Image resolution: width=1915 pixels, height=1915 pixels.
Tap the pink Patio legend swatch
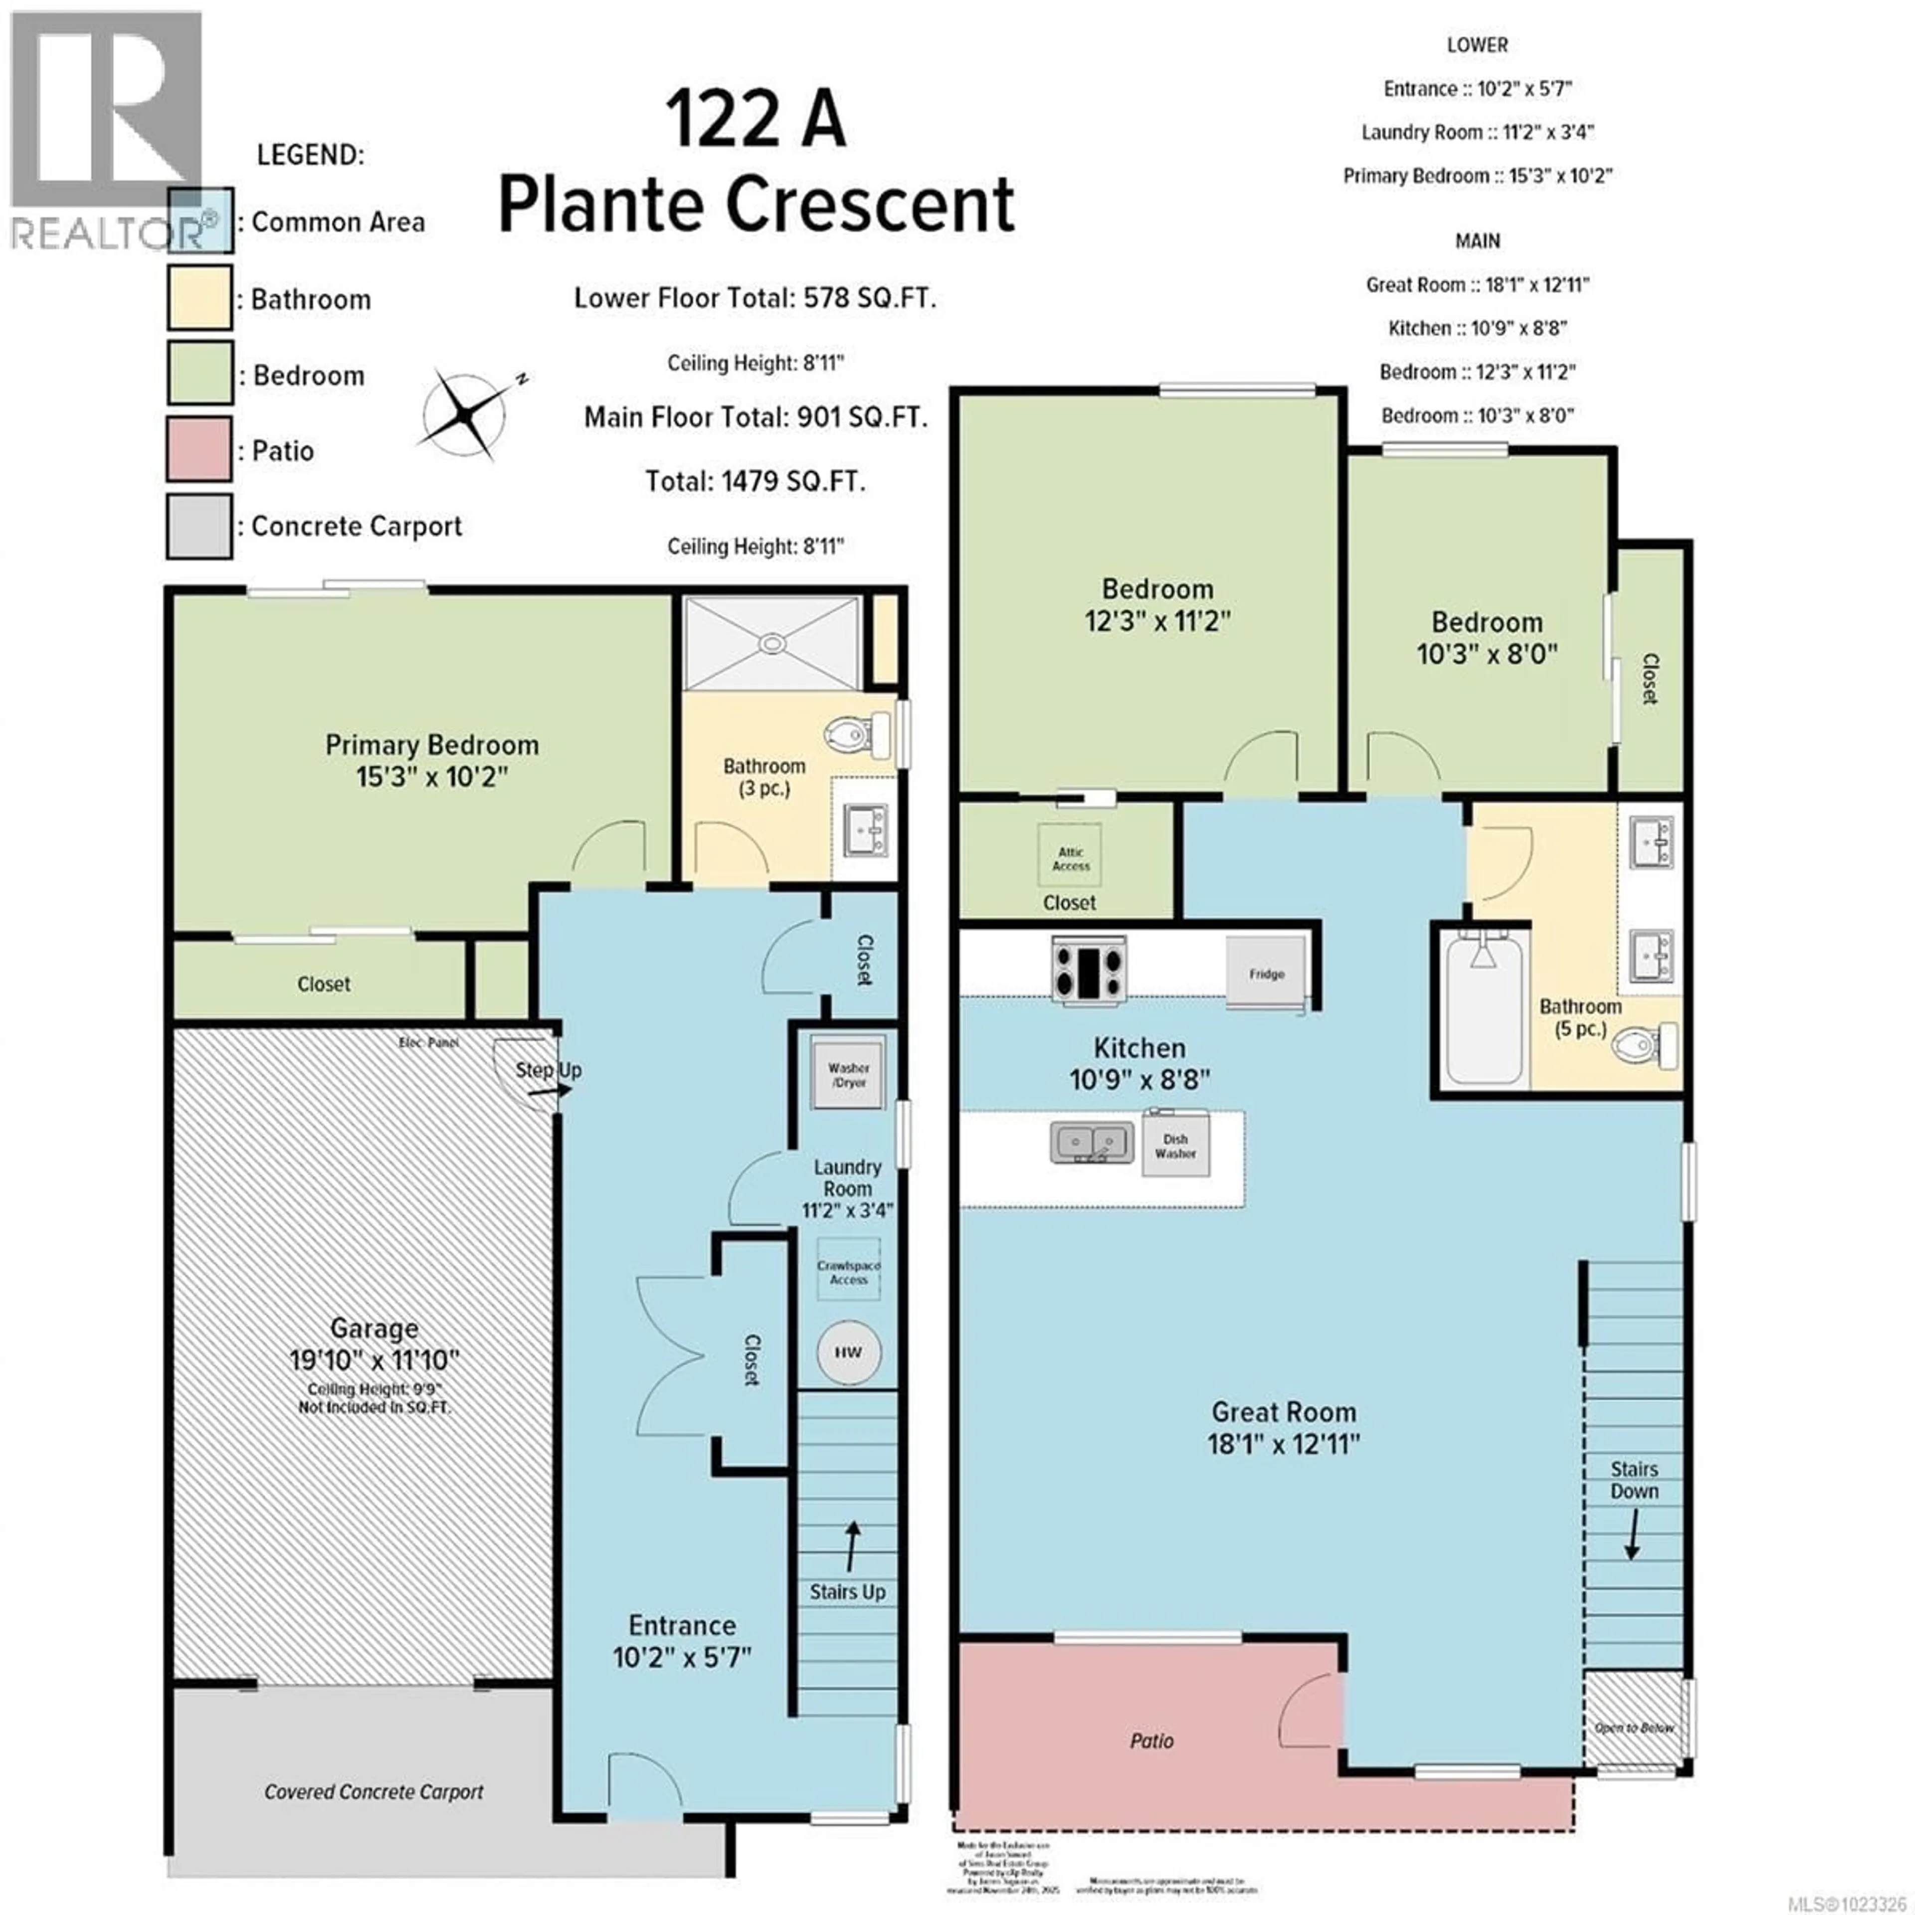pos(199,450)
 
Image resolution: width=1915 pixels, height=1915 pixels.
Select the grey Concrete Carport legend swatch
pos(199,526)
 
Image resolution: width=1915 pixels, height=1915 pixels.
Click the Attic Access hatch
pos(1071,858)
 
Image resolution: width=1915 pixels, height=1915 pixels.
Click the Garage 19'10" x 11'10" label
pos(374,1343)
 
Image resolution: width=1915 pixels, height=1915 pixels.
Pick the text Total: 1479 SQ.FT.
pos(756,482)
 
